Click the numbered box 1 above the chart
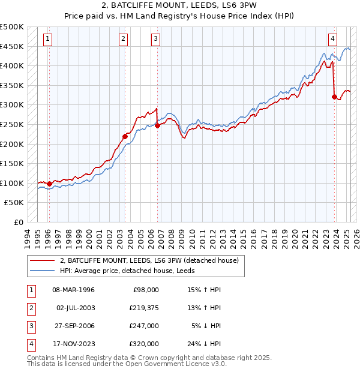(x=47, y=40)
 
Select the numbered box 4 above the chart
(x=332, y=40)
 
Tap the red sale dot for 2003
(x=125, y=136)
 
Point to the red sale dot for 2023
(x=334, y=96)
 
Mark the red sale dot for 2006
(x=157, y=125)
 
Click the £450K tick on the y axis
(x=12, y=46)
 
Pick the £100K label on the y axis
(x=12, y=183)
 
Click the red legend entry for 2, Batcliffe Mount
(x=149, y=260)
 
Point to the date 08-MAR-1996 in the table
(x=73, y=290)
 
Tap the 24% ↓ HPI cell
(x=204, y=344)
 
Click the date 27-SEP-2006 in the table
(x=73, y=326)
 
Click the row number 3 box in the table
(x=31, y=326)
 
